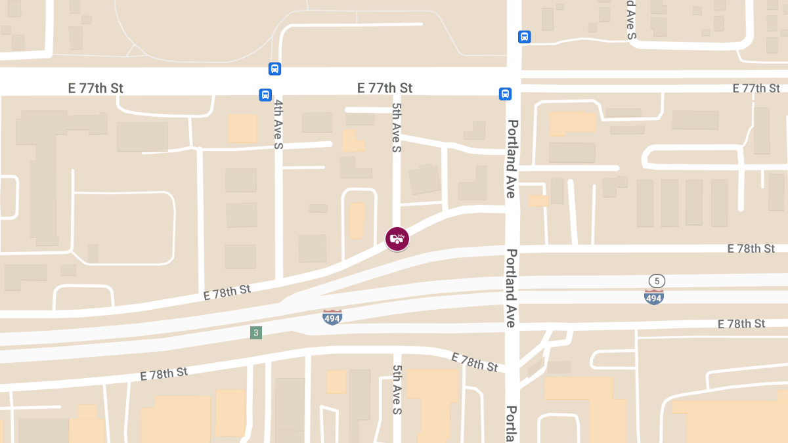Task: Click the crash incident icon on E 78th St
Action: tap(397, 239)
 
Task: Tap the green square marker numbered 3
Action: tap(256, 333)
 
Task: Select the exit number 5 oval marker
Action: tap(657, 281)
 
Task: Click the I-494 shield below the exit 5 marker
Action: tap(653, 297)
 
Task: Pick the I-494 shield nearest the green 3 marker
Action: tap(332, 317)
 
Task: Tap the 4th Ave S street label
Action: tap(278, 124)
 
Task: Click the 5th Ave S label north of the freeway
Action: tap(397, 127)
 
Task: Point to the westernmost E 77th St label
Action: tap(95, 88)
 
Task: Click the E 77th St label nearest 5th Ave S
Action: tap(384, 88)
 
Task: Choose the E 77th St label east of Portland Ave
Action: tap(756, 88)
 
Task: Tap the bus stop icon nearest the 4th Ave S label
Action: tap(265, 95)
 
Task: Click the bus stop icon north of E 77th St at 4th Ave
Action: tap(274, 68)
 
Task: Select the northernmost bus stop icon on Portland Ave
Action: tap(524, 37)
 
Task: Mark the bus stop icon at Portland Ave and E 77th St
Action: tap(505, 94)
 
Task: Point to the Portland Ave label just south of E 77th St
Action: tap(512, 159)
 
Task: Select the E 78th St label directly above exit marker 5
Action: tap(751, 249)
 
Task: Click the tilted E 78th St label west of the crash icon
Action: tap(227, 291)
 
